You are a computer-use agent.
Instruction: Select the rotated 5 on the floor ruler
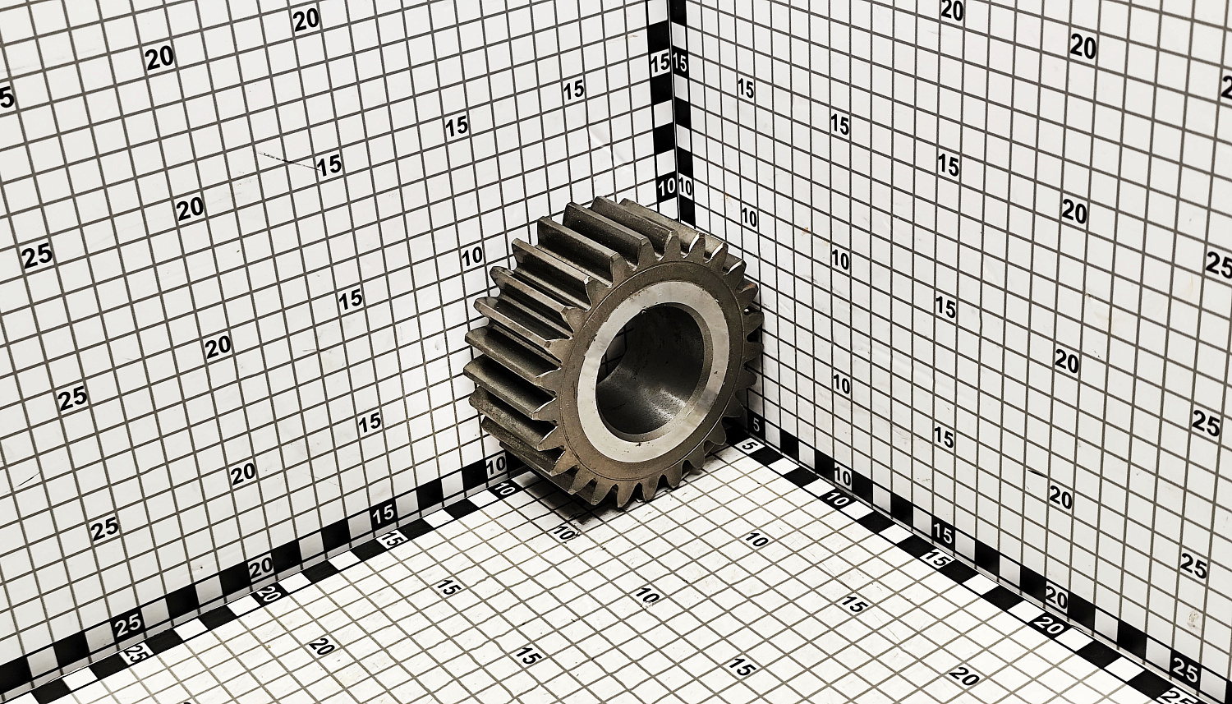[x=756, y=445]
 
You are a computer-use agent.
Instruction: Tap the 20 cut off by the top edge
[x=952, y=11]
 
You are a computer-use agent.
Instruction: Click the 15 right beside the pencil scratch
[x=329, y=166]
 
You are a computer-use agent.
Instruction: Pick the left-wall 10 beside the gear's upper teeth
[x=473, y=257]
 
